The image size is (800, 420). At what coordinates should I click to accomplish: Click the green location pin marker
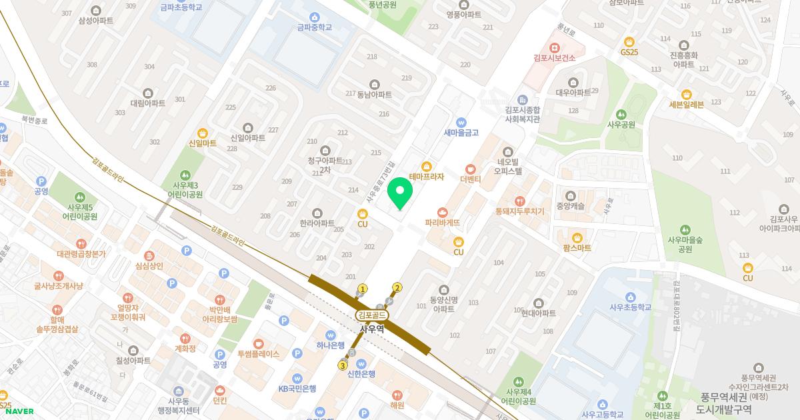pos(400,193)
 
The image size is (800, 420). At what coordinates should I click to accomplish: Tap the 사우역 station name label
pos(371,329)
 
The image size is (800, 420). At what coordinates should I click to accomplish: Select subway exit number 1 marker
pos(363,289)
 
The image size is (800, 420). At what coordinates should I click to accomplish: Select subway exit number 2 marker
pos(397,288)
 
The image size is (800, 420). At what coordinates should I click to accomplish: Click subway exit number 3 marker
pos(343,365)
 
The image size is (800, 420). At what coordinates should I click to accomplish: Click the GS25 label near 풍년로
pos(629,51)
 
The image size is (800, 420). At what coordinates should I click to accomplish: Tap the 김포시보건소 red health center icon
pos(554,47)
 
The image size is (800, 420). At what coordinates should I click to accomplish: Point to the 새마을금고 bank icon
pos(461,123)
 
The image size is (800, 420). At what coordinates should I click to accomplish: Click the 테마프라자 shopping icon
pos(426,165)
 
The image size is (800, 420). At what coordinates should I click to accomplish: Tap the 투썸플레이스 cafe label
pos(258,355)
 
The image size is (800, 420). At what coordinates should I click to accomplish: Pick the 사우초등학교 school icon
pos(629,297)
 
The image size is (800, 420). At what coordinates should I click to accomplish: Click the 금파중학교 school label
pos(314,27)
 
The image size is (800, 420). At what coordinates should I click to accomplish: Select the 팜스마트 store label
pos(577,247)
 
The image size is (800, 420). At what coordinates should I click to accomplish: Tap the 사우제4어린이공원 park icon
pos(521,380)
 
